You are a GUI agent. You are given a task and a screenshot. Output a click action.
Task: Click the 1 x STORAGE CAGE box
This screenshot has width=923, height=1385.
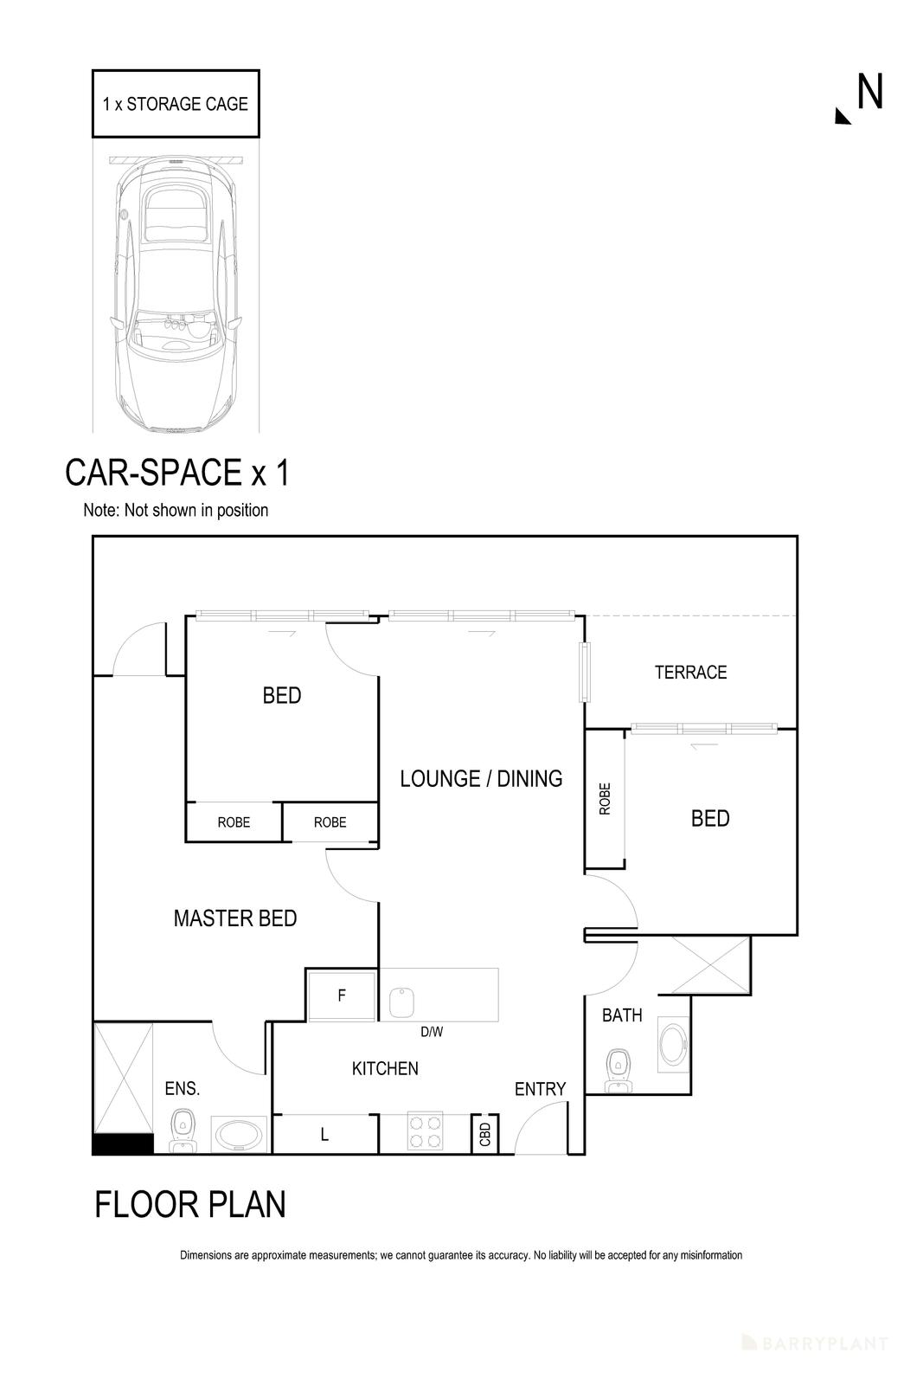pyautogui.click(x=176, y=104)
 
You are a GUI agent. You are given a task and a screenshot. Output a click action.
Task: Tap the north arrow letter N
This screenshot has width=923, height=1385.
pyautogui.click(x=869, y=92)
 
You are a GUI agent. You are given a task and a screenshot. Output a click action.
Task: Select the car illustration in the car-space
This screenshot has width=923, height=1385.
pyautogui.click(x=176, y=294)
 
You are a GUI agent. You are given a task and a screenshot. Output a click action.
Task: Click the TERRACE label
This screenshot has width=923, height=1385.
pyautogui.click(x=690, y=672)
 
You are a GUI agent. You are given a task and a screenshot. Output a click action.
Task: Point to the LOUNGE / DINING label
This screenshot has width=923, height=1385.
pyautogui.click(x=481, y=778)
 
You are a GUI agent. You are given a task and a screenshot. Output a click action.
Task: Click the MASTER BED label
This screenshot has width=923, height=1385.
pyautogui.click(x=235, y=918)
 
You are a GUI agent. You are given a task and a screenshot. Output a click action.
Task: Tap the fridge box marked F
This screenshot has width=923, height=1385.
pyautogui.click(x=342, y=995)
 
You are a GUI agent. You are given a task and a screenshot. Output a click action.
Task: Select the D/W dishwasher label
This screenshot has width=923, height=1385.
pyautogui.click(x=432, y=1031)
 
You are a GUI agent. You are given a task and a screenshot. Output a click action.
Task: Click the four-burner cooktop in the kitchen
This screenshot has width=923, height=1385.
pyautogui.click(x=425, y=1131)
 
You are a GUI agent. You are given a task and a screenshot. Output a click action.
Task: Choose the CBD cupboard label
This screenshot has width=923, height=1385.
pyautogui.click(x=484, y=1132)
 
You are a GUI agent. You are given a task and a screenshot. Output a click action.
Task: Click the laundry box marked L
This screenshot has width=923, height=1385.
pyautogui.click(x=324, y=1134)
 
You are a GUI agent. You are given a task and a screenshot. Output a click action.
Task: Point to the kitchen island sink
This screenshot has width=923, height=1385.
pyautogui.click(x=403, y=1002)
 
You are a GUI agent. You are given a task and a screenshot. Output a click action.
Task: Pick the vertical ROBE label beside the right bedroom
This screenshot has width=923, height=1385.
pyautogui.click(x=605, y=798)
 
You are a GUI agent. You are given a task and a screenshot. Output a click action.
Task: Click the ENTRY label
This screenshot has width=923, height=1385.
pyautogui.click(x=540, y=1089)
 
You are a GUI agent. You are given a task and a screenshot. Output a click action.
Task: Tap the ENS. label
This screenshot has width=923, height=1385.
pyautogui.click(x=183, y=1089)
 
